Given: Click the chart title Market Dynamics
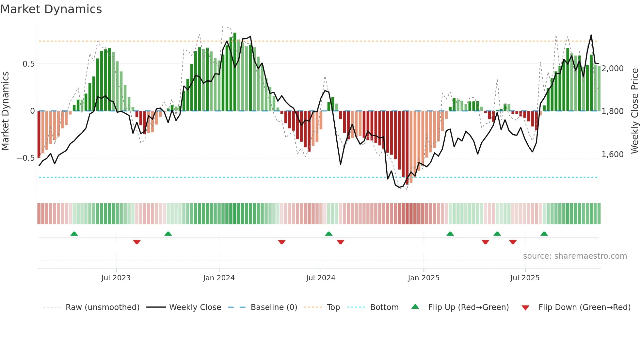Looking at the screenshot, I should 51,9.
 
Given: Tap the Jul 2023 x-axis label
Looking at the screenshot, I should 116,278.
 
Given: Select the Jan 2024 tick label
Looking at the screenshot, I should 219,278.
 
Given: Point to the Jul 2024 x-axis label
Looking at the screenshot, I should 321,278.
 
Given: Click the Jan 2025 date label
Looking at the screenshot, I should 424,278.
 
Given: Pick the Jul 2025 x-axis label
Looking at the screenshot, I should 525,278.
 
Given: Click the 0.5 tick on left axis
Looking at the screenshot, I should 28,64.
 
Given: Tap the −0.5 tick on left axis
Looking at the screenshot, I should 25,158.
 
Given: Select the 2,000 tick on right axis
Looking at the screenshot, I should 613,69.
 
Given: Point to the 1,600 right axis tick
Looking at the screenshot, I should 613,155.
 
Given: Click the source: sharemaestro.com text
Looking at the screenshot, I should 575,256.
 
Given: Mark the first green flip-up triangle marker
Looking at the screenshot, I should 74,234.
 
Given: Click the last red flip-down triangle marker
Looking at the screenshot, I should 513,242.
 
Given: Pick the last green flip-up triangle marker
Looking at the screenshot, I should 544,234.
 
